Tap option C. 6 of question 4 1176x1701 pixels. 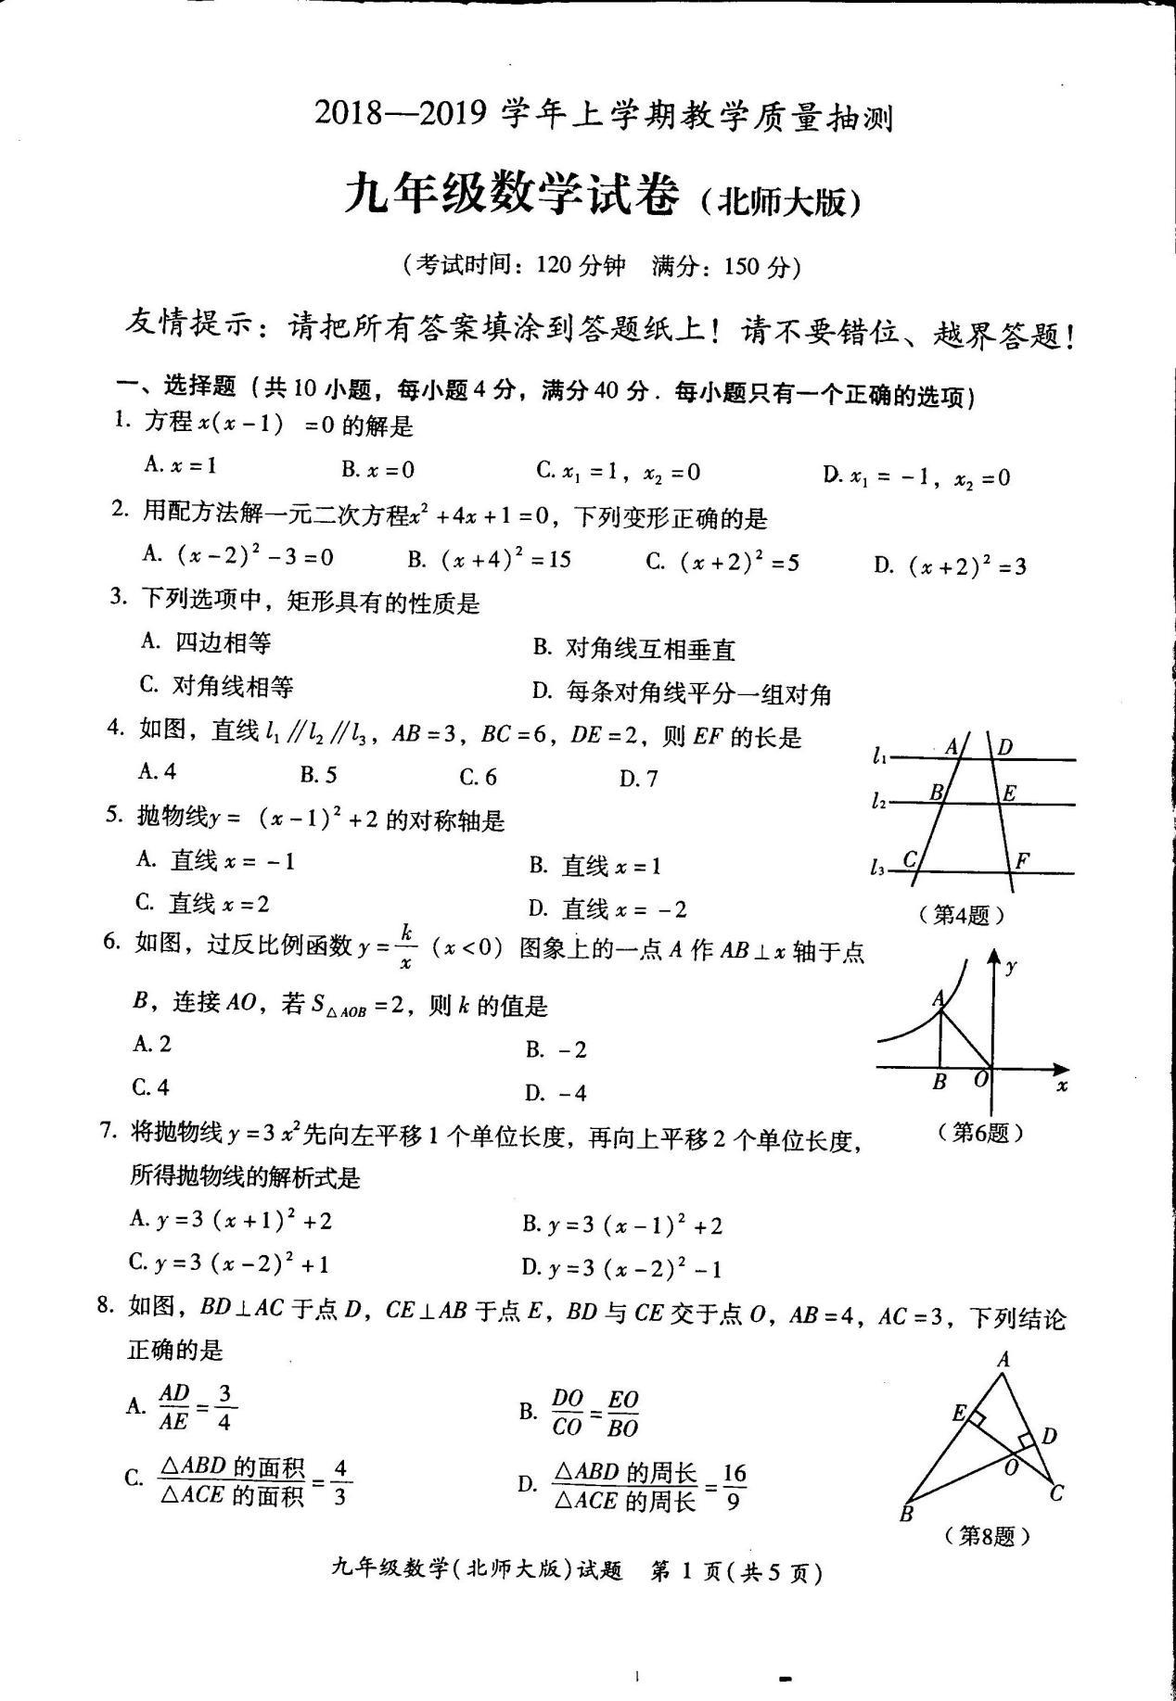[478, 777]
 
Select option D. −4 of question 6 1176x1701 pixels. [556, 1093]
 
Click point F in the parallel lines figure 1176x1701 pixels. [1023, 860]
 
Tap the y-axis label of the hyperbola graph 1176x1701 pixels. [1012, 966]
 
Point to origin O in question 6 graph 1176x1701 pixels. [981, 1080]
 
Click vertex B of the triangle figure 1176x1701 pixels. [906, 1514]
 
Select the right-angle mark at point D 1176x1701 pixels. [1026, 1442]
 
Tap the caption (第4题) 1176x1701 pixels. [961, 916]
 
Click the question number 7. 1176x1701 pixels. [109, 1131]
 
